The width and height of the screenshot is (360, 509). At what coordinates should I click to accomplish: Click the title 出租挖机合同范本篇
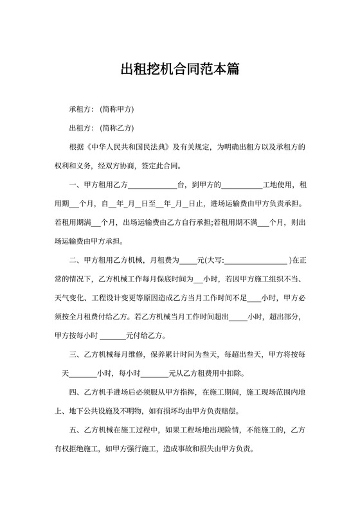point(180,69)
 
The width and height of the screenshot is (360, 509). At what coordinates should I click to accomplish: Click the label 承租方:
point(82,109)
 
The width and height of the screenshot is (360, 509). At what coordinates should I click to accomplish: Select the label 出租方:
point(82,128)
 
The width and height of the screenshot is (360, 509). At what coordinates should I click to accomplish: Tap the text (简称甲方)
point(117,109)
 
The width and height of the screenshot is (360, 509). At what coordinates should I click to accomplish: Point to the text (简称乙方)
point(117,128)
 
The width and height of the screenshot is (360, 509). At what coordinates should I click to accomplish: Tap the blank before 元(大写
point(187,261)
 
